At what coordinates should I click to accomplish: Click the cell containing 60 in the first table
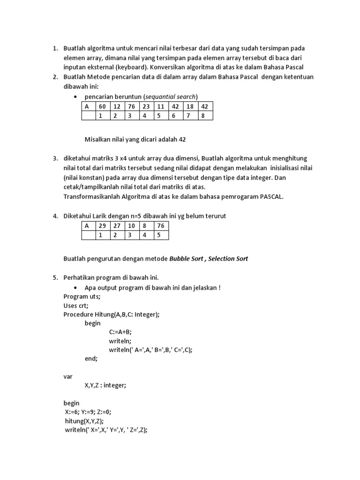pos(102,106)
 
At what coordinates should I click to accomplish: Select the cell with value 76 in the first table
pos(131,106)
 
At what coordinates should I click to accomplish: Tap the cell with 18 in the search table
pos(190,106)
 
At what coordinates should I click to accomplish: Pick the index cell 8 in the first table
pos(204,115)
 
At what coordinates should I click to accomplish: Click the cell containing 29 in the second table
pos(102,226)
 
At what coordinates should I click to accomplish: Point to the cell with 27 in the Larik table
pos(116,226)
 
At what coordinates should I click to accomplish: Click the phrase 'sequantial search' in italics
pos(170,97)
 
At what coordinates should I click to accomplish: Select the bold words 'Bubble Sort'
pos(187,258)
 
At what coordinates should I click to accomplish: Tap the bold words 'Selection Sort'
pos(229,258)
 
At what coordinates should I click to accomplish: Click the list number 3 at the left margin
pos(55,158)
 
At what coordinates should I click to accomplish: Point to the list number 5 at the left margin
pos(55,277)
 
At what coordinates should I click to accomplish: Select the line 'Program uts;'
pos(82,297)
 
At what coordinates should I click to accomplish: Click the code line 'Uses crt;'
pos(76,306)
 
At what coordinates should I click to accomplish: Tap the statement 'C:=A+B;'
pos(121,331)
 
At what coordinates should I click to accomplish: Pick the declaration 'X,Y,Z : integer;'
pos(105,385)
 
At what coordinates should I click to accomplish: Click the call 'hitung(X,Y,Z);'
pos(85,421)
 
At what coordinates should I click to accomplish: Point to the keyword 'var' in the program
pos(68,376)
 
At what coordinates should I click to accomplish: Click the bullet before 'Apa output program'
pos(75,287)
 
